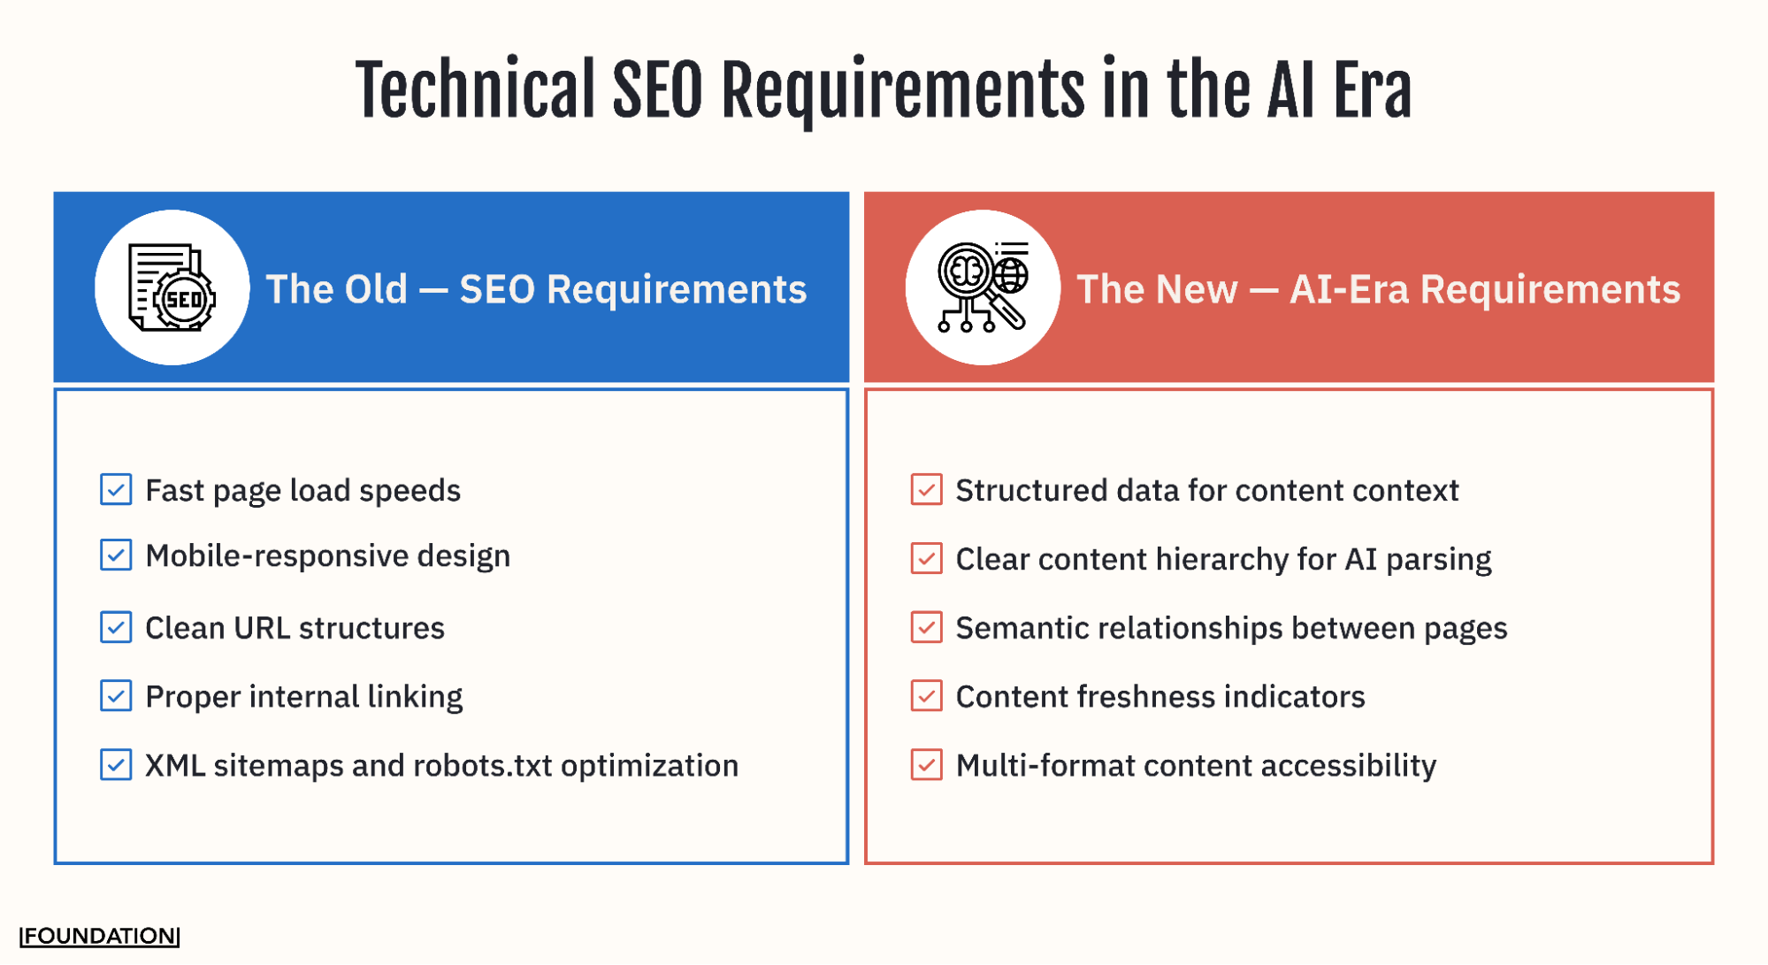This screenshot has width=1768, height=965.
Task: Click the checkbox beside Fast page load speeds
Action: click(116, 489)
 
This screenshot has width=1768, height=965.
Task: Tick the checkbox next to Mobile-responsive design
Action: click(116, 555)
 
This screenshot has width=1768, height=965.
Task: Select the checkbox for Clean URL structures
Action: click(116, 627)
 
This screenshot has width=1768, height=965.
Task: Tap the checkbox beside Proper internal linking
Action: click(116, 696)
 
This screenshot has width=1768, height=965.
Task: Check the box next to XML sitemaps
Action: click(116, 765)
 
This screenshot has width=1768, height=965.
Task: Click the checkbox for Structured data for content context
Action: click(926, 489)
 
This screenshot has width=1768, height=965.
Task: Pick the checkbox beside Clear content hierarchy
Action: click(926, 558)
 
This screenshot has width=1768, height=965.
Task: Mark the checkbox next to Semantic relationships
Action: click(926, 627)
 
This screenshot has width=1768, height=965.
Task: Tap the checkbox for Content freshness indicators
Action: click(926, 696)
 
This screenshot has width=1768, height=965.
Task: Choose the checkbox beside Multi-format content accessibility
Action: click(926, 765)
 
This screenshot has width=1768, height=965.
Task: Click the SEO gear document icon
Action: click(172, 287)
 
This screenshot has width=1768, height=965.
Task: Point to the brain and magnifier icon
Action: click(983, 287)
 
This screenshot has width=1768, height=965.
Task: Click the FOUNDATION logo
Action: click(100, 936)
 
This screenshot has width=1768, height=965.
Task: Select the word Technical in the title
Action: click(475, 90)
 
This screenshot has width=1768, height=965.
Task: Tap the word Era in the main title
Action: click(1372, 90)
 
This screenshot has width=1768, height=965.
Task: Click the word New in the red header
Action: click(1197, 289)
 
